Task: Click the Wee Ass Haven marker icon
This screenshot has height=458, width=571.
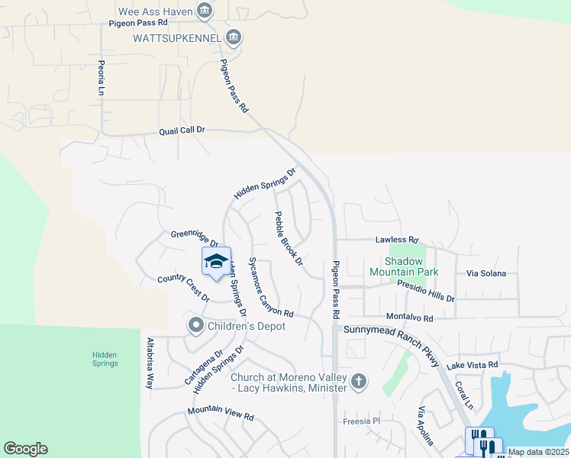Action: tap(205, 11)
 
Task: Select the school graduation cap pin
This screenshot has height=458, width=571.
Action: tap(216, 262)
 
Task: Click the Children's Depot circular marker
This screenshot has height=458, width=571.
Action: tap(196, 326)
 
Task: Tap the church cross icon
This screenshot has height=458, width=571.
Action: tap(359, 380)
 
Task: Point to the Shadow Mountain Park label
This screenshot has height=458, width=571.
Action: tap(405, 266)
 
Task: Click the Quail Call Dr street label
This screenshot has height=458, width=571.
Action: tap(182, 131)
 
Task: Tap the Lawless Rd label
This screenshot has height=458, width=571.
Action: tap(397, 240)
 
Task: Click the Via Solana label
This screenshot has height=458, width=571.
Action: tap(486, 273)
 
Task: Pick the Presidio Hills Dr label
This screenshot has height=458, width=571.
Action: tap(426, 293)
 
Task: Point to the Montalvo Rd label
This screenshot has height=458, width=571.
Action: tap(410, 318)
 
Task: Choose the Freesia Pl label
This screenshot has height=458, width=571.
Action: tap(361, 421)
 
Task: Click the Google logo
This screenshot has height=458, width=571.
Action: tap(25, 449)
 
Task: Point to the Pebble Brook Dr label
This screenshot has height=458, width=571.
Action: tap(289, 239)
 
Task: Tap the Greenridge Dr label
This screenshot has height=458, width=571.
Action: tap(195, 238)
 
